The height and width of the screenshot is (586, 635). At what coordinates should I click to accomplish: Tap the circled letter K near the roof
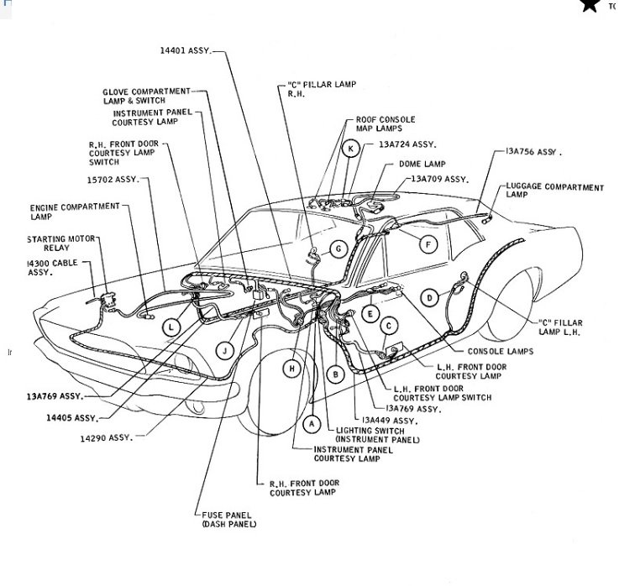(x=351, y=149)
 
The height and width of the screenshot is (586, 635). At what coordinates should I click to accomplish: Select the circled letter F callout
(x=428, y=245)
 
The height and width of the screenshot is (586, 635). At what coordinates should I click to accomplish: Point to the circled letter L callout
(x=171, y=327)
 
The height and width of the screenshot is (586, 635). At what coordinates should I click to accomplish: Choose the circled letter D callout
(x=429, y=296)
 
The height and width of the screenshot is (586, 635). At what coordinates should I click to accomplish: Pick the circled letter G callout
(x=338, y=249)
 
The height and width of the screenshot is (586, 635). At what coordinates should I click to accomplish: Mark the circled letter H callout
(x=291, y=368)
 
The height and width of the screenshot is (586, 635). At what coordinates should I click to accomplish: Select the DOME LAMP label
(x=422, y=164)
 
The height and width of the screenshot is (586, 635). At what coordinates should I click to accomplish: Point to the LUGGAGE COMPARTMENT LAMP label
(x=554, y=190)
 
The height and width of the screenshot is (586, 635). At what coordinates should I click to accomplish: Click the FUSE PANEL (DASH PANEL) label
(x=228, y=519)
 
